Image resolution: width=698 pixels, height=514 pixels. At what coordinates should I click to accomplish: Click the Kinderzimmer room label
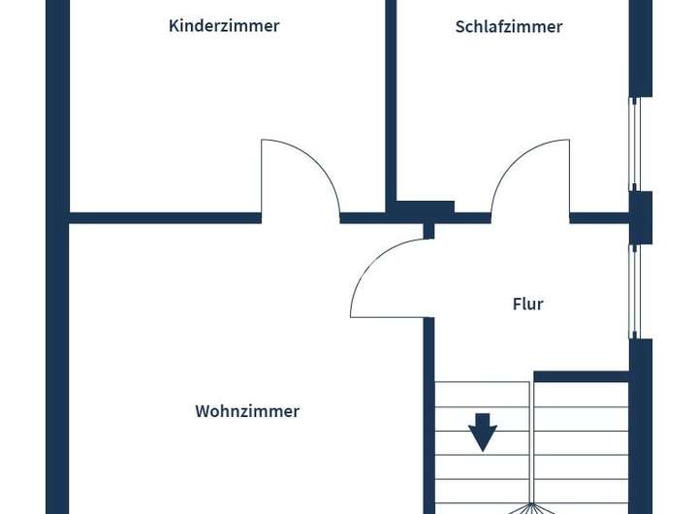[224, 26]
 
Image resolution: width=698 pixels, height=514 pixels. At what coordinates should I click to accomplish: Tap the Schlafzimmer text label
[508, 27]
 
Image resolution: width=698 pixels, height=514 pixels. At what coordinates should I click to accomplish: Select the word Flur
[527, 305]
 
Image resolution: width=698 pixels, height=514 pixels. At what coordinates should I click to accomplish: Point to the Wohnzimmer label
[247, 411]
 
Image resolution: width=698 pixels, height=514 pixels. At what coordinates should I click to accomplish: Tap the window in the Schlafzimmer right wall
[634, 144]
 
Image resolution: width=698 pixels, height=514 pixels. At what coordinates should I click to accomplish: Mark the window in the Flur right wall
[634, 291]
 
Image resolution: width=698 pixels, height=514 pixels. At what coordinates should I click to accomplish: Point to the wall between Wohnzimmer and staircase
[428, 417]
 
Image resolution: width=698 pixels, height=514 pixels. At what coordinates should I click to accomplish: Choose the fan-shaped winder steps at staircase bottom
[531, 507]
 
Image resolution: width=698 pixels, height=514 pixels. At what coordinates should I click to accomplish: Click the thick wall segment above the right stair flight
[582, 376]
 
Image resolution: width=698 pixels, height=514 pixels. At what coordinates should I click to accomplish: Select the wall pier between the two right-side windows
[640, 217]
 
